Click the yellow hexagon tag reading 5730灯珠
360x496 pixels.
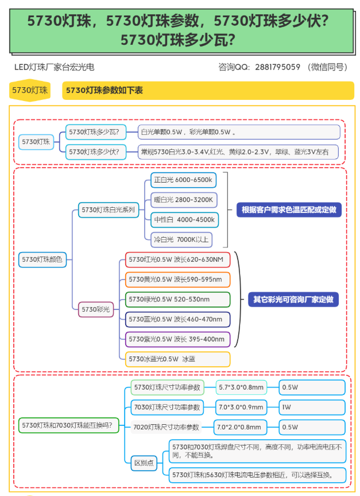point(30,90)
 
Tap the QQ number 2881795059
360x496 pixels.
point(277,67)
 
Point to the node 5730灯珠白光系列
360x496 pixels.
point(109,210)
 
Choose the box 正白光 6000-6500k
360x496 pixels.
point(183,180)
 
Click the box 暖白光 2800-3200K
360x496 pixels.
point(184,200)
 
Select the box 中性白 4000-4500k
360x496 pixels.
point(184,220)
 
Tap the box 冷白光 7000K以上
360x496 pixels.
point(181,239)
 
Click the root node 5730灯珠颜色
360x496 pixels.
point(42,259)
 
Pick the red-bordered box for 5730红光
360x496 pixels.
point(177,260)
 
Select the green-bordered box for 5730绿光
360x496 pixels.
point(177,299)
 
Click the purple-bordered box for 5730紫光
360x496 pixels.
point(177,339)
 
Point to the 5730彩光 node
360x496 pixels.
point(96,309)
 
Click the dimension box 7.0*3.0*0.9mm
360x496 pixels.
point(241,408)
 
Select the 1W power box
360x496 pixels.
point(312,408)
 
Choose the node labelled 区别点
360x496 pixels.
point(144,463)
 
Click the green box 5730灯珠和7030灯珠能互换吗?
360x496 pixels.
point(68,426)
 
